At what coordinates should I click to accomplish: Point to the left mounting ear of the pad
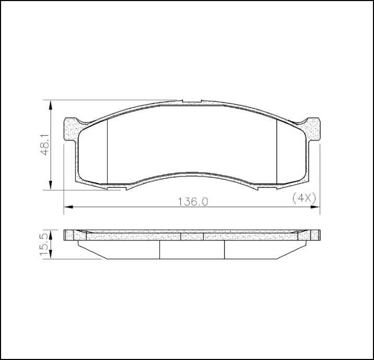(72, 129)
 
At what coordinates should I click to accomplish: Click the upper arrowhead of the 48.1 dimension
(51, 104)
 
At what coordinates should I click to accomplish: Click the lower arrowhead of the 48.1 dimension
(51, 186)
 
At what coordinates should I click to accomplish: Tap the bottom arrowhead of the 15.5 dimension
(51, 255)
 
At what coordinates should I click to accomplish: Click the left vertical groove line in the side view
(159, 249)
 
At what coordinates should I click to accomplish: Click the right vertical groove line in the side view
(224, 249)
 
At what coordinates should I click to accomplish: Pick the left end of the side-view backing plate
(67, 235)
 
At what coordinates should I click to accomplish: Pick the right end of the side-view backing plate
(317, 235)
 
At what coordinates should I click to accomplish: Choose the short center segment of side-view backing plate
(192, 236)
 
